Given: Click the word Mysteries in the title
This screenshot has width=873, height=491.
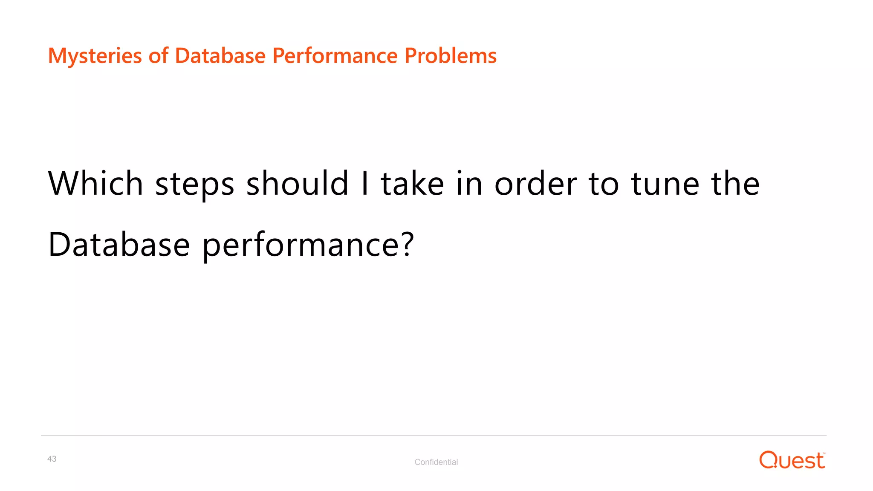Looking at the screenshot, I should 95,56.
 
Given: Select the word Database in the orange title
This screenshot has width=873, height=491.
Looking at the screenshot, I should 220,56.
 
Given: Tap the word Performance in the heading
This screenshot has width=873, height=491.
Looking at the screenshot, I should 335,56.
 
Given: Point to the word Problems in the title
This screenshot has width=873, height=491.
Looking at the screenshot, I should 451,56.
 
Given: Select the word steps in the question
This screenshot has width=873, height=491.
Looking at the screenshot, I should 195,184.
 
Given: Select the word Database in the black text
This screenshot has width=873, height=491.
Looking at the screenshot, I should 119,245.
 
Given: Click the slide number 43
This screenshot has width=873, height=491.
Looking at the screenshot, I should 52,459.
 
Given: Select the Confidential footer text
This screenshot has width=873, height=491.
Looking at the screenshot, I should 436,462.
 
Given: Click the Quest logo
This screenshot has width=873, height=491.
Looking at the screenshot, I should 792,460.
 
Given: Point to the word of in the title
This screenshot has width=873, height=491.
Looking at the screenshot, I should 158,56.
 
